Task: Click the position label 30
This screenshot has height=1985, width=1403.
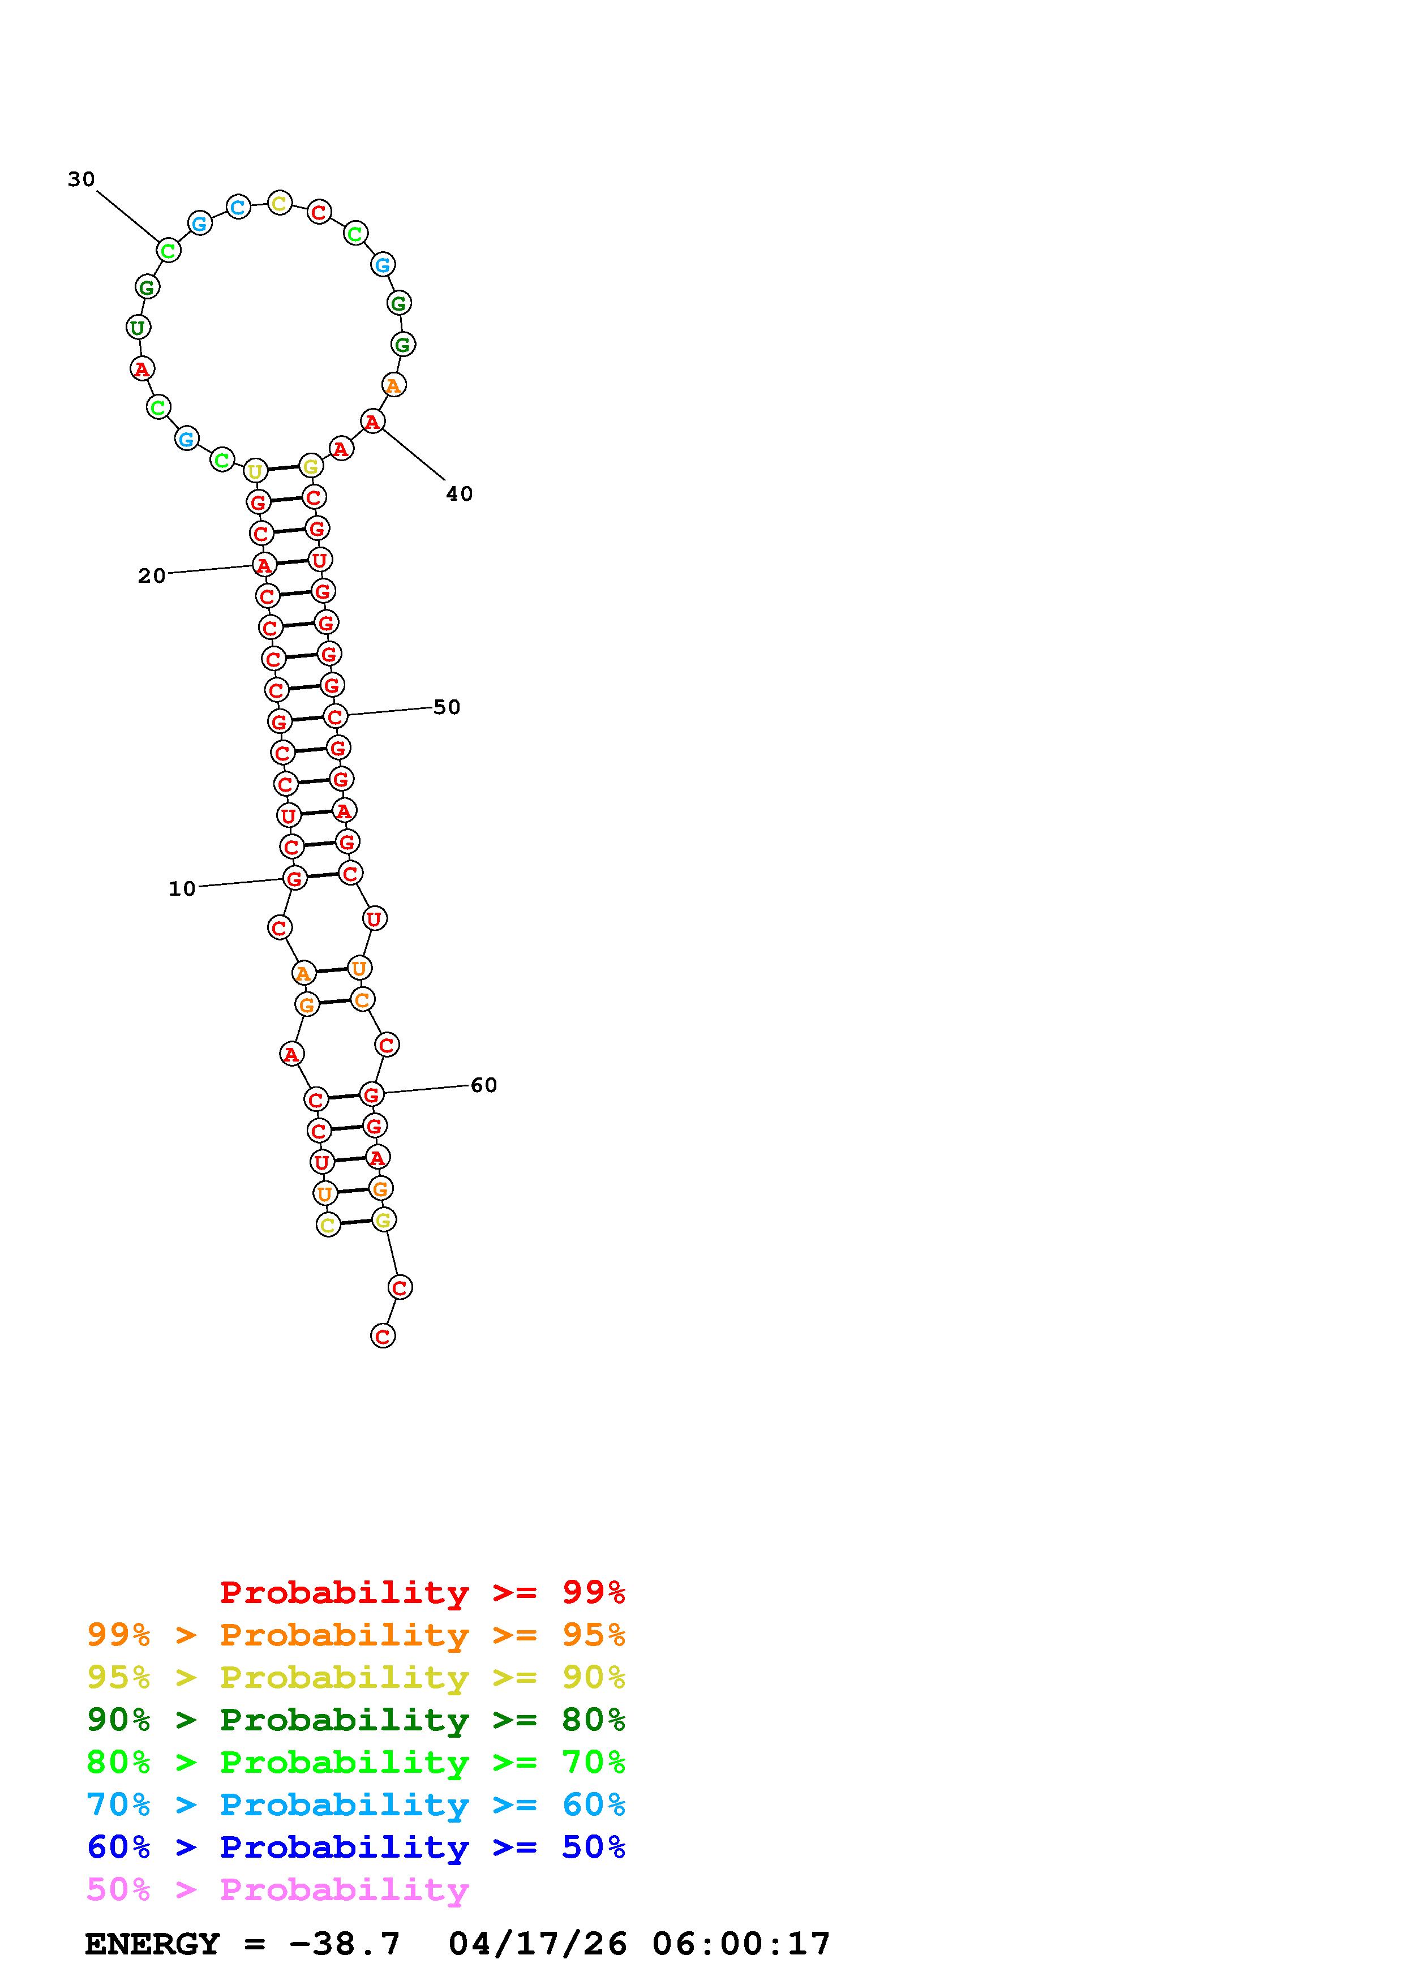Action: [81, 179]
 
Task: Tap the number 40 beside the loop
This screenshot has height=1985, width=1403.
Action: [459, 493]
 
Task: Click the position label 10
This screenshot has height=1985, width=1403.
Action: [182, 889]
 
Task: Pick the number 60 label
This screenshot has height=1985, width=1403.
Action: [483, 1085]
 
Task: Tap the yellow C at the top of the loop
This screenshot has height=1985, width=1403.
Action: [278, 204]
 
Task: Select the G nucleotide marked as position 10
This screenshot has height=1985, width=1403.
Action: [295, 878]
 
